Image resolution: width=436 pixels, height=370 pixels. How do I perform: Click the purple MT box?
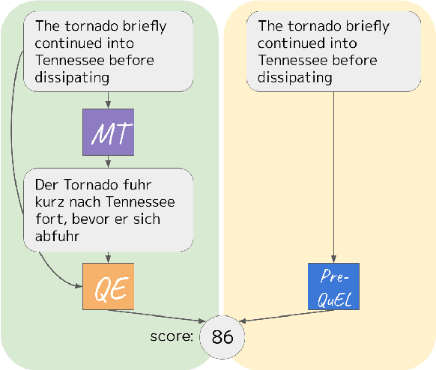tap(109, 133)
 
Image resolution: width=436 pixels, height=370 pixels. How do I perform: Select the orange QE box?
tap(109, 286)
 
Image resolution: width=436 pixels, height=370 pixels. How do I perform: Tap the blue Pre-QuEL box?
tap(333, 286)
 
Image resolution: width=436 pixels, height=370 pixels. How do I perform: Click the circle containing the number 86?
tap(222, 337)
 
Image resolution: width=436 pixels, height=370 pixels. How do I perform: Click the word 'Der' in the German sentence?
tap(47, 186)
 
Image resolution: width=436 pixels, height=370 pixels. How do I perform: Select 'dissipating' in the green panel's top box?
tap(73, 76)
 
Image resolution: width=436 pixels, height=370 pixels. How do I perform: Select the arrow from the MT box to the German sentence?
tap(109, 161)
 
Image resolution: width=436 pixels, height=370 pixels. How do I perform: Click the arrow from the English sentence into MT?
tap(109, 100)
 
